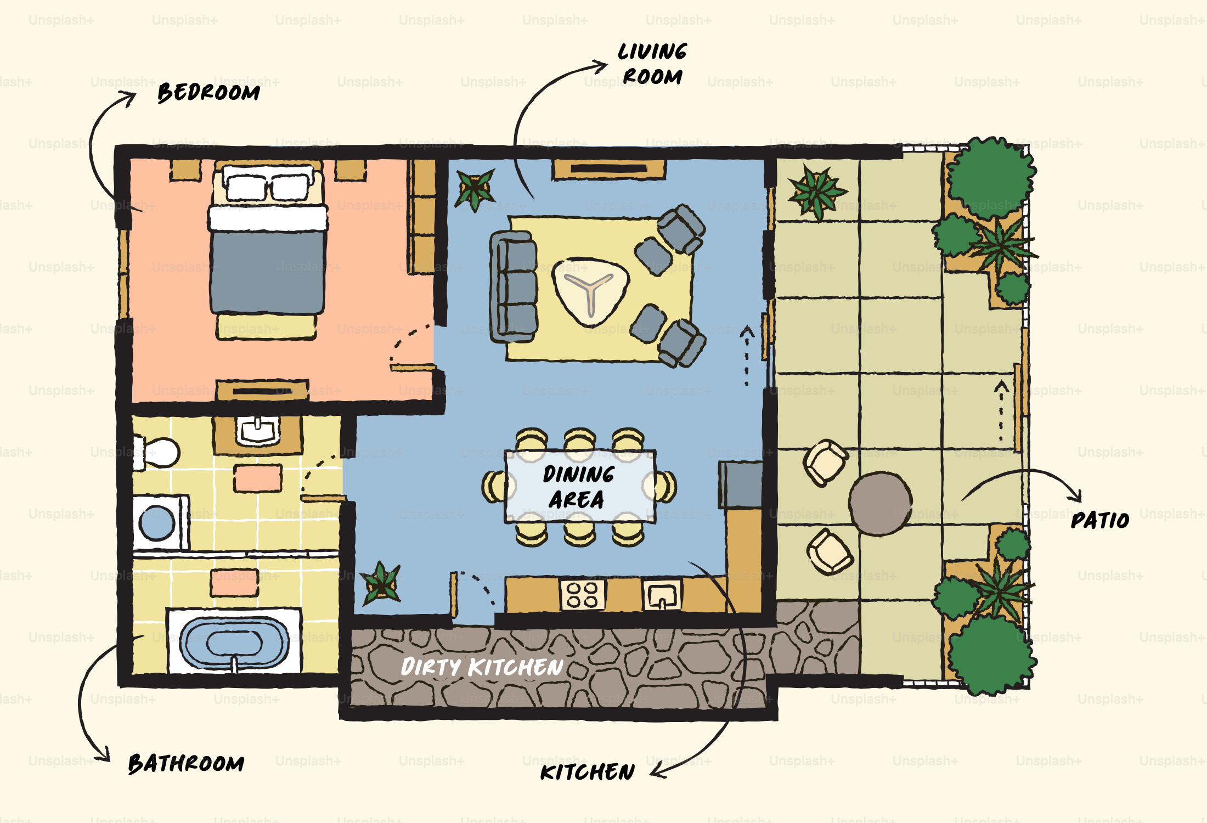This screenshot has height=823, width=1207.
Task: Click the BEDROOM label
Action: (208, 92)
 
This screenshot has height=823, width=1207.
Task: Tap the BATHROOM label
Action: (186, 763)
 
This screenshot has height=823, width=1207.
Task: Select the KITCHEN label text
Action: (587, 772)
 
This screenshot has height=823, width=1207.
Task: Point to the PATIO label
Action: (1099, 520)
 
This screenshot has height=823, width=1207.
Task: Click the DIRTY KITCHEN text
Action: (482, 667)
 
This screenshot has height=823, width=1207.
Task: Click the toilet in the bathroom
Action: (159, 452)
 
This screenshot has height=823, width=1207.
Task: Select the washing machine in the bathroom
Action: (159, 522)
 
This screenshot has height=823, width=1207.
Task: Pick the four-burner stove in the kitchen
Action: (583, 595)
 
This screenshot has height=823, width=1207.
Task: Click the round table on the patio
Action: (880, 503)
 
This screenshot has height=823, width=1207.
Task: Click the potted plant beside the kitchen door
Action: (380, 583)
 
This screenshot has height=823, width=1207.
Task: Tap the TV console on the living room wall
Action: (609, 170)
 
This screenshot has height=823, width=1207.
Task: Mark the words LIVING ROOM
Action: (652, 64)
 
